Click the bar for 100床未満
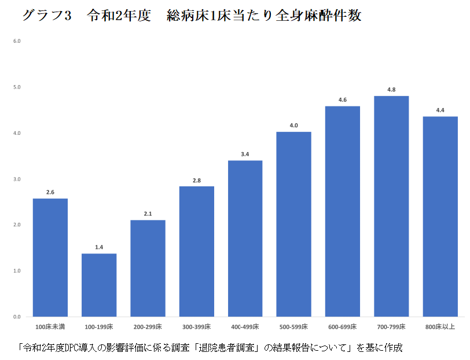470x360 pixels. coord(50,258)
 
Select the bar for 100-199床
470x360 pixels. coord(99,285)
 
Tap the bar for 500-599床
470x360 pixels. coord(294,225)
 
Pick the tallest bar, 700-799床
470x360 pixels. coord(391,206)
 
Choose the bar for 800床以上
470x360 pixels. coord(440,216)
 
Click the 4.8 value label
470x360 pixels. coord(391,90)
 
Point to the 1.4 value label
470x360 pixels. coord(99,247)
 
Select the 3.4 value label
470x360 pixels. coord(245,154)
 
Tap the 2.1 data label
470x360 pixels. coord(148,214)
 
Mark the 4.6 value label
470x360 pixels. coord(343,100)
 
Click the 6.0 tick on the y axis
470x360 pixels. coord(17,41)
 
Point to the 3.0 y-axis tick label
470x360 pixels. coord(17,179)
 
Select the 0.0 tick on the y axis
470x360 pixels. coord(17,317)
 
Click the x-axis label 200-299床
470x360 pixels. coord(148,327)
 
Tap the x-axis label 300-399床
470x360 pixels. coord(196,327)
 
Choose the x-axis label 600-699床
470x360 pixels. coord(343,327)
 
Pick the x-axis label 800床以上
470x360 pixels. coord(440,327)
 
